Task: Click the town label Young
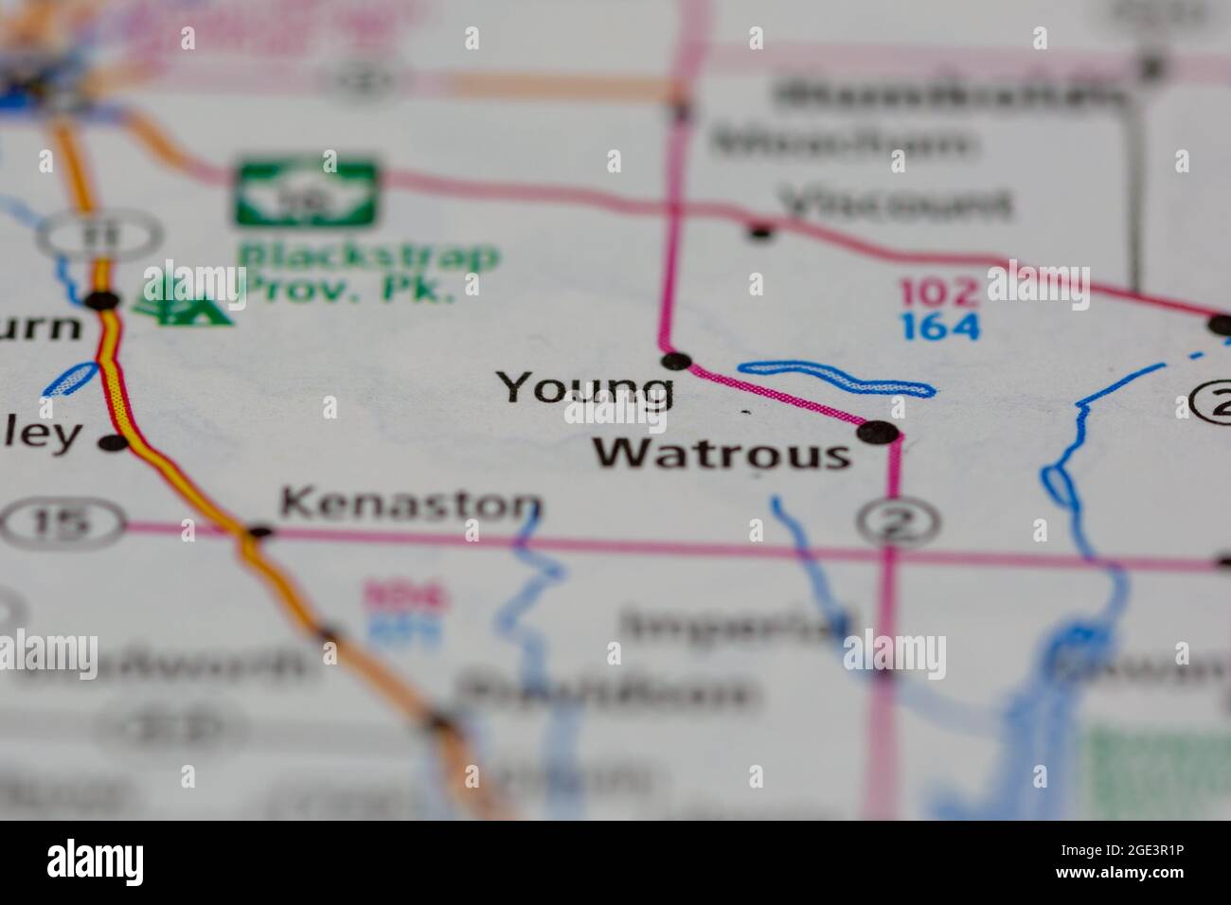point(585,388)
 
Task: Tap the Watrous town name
point(722,454)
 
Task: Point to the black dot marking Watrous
point(878,433)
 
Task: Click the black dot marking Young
point(676,360)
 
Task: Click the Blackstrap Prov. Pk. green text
point(367,271)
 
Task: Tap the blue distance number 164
point(939,326)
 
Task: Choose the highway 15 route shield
point(62,523)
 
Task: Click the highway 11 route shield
point(101,233)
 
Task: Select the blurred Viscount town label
point(894,203)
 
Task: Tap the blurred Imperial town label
point(737,627)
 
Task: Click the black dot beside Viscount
point(760,229)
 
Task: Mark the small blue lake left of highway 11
point(69,381)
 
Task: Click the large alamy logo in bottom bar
point(96,861)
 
